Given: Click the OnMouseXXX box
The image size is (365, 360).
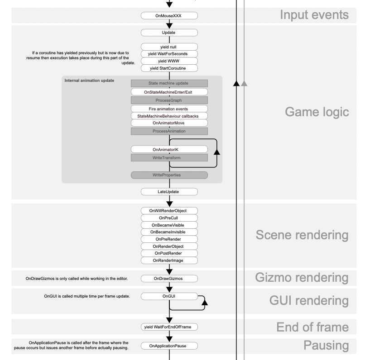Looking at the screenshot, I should [169, 16].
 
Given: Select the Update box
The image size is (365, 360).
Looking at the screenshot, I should [169, 33].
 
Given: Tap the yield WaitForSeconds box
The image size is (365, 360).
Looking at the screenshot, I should [169, 54].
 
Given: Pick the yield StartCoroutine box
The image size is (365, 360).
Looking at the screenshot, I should [169, 68].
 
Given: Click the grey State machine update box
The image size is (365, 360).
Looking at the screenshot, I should [169, 83].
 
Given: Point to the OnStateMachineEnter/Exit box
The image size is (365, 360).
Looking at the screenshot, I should [169, 92].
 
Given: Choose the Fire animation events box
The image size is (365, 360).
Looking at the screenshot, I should [169, 109].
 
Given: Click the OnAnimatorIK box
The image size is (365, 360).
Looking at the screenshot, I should [169, 149].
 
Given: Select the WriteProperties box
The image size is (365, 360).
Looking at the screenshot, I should [169, 175].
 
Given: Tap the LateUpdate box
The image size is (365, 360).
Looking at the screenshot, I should [169, 192].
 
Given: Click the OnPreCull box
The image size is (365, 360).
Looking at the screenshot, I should [169, 218].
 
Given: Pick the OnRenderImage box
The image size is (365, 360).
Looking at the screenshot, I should [169, 261].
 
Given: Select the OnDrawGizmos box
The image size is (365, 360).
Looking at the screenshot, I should [169, 278].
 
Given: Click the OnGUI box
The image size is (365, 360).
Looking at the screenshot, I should [169, 296].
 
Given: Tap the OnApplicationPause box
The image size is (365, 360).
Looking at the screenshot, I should [169, 346].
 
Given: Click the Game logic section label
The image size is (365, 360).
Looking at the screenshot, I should [317, 113].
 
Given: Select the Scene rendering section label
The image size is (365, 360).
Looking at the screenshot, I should [302, 235].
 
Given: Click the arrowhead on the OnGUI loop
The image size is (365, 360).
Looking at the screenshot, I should [203, 303].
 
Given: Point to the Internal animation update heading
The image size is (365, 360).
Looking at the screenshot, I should [89, 81].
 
